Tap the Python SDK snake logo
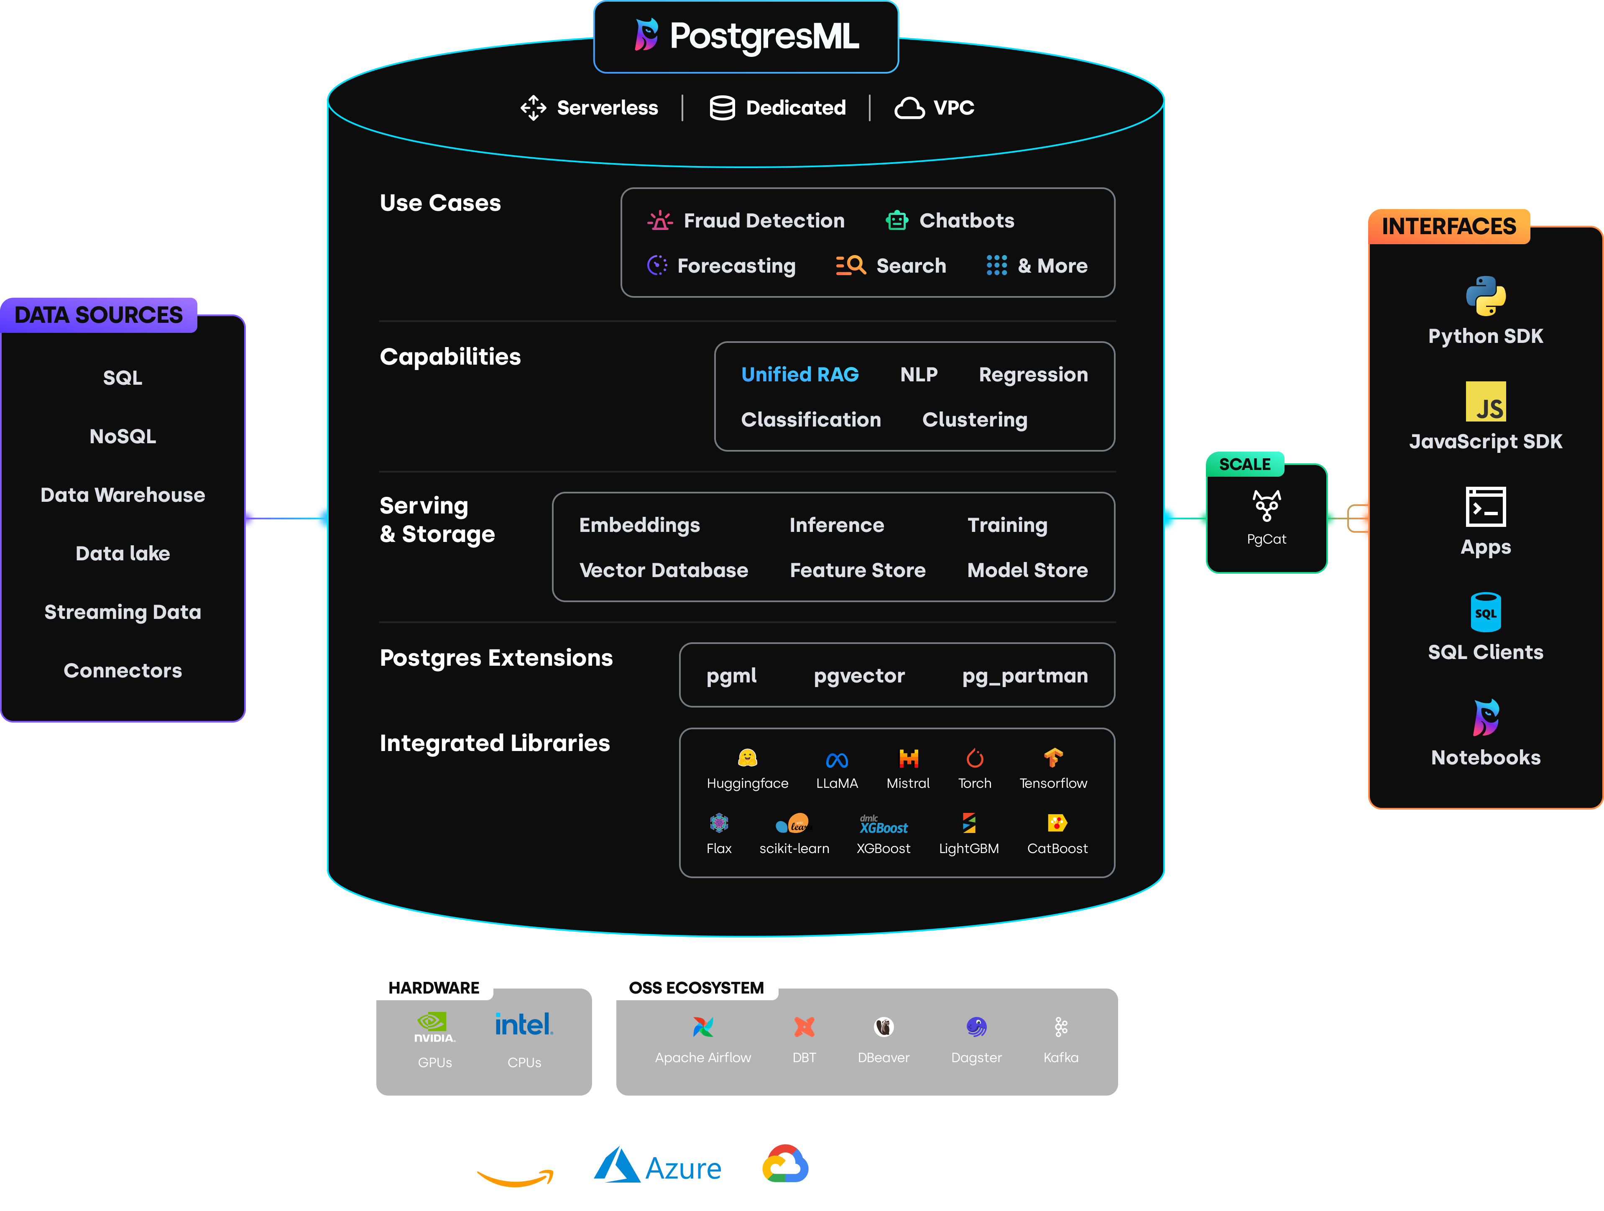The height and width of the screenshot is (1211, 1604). coord(1485,296)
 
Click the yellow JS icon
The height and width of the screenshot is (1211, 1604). coord(1485,401)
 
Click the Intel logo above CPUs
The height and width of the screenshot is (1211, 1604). coord(524,1024)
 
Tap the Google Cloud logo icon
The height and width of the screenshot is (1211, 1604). coord(784,1164)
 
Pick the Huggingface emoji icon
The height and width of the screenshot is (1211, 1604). coord(747,758)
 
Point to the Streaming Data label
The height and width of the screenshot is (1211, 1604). coord(123,612)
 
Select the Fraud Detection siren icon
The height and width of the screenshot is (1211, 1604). coord(659,220)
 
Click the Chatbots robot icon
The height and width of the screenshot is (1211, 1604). coord(896,220)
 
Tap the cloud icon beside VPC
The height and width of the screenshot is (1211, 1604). coord(909,108)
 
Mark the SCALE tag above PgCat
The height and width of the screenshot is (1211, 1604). coord(1244,464)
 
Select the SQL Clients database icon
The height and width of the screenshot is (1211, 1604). coord(1485,612)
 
